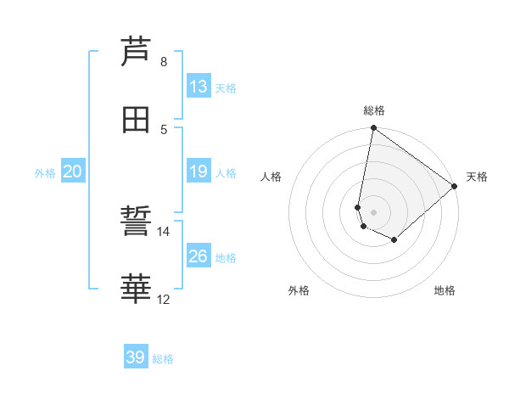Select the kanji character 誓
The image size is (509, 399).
pos(137,222)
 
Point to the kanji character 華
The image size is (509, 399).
pos(137,289)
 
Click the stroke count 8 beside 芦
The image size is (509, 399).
pos(164,62)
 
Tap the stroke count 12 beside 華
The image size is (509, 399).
pos(164,300)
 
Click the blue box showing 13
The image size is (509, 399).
pos(198,87)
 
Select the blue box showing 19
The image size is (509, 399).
pos(198,171)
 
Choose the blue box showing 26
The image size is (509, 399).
pos(198,256)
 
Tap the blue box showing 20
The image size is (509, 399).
pos(72,171)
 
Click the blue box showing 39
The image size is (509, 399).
pos(135,357)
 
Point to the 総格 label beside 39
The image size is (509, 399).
pos(163,359)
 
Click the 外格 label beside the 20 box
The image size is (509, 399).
pos(45,173)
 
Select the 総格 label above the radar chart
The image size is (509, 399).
pos(374,110)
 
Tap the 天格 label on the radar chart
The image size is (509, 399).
pos(477,177)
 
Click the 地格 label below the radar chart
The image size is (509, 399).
pos(445,290)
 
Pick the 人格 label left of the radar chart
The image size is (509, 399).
pos(271,177)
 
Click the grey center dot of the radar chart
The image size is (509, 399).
pos(374,211)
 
